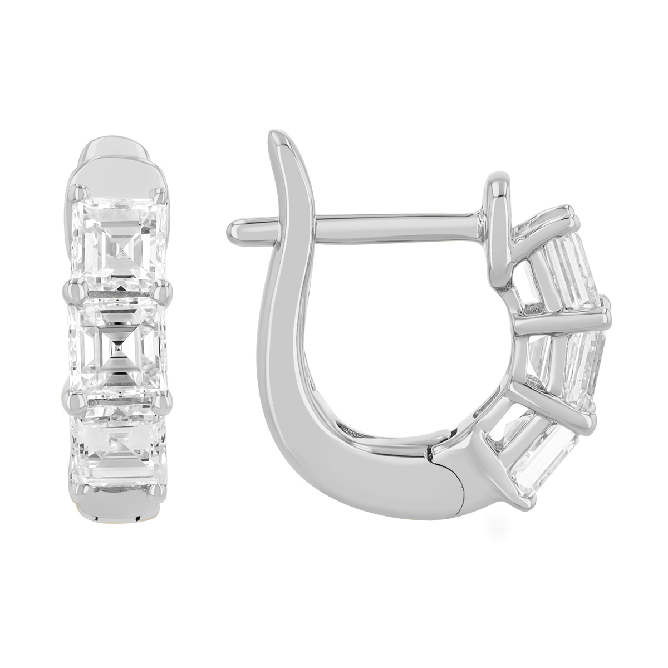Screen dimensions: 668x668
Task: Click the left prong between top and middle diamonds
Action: [x=73, y=289]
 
